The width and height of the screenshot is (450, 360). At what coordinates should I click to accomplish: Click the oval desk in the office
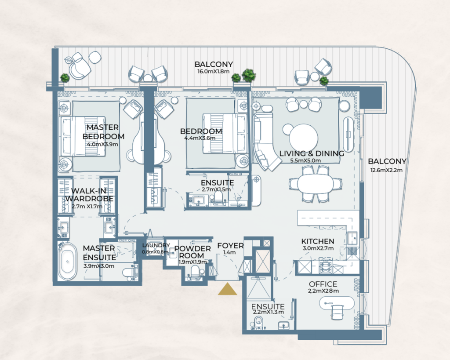(x=337, y=303)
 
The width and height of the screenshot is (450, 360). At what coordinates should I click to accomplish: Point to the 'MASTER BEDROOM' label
(x=103, y=131)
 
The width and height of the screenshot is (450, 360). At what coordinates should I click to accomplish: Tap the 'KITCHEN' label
(x=317, y=241)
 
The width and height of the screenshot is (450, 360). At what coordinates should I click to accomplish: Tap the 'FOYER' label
(x=230, y=245)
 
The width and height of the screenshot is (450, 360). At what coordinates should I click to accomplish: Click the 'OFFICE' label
(x=323, y=284)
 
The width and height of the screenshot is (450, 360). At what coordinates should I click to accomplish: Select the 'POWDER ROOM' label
(x=192, y=252)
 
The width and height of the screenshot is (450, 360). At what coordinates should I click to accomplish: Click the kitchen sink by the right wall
(x=352, y=238)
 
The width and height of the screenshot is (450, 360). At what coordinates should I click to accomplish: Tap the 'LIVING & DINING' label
(x=312, y=153)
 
